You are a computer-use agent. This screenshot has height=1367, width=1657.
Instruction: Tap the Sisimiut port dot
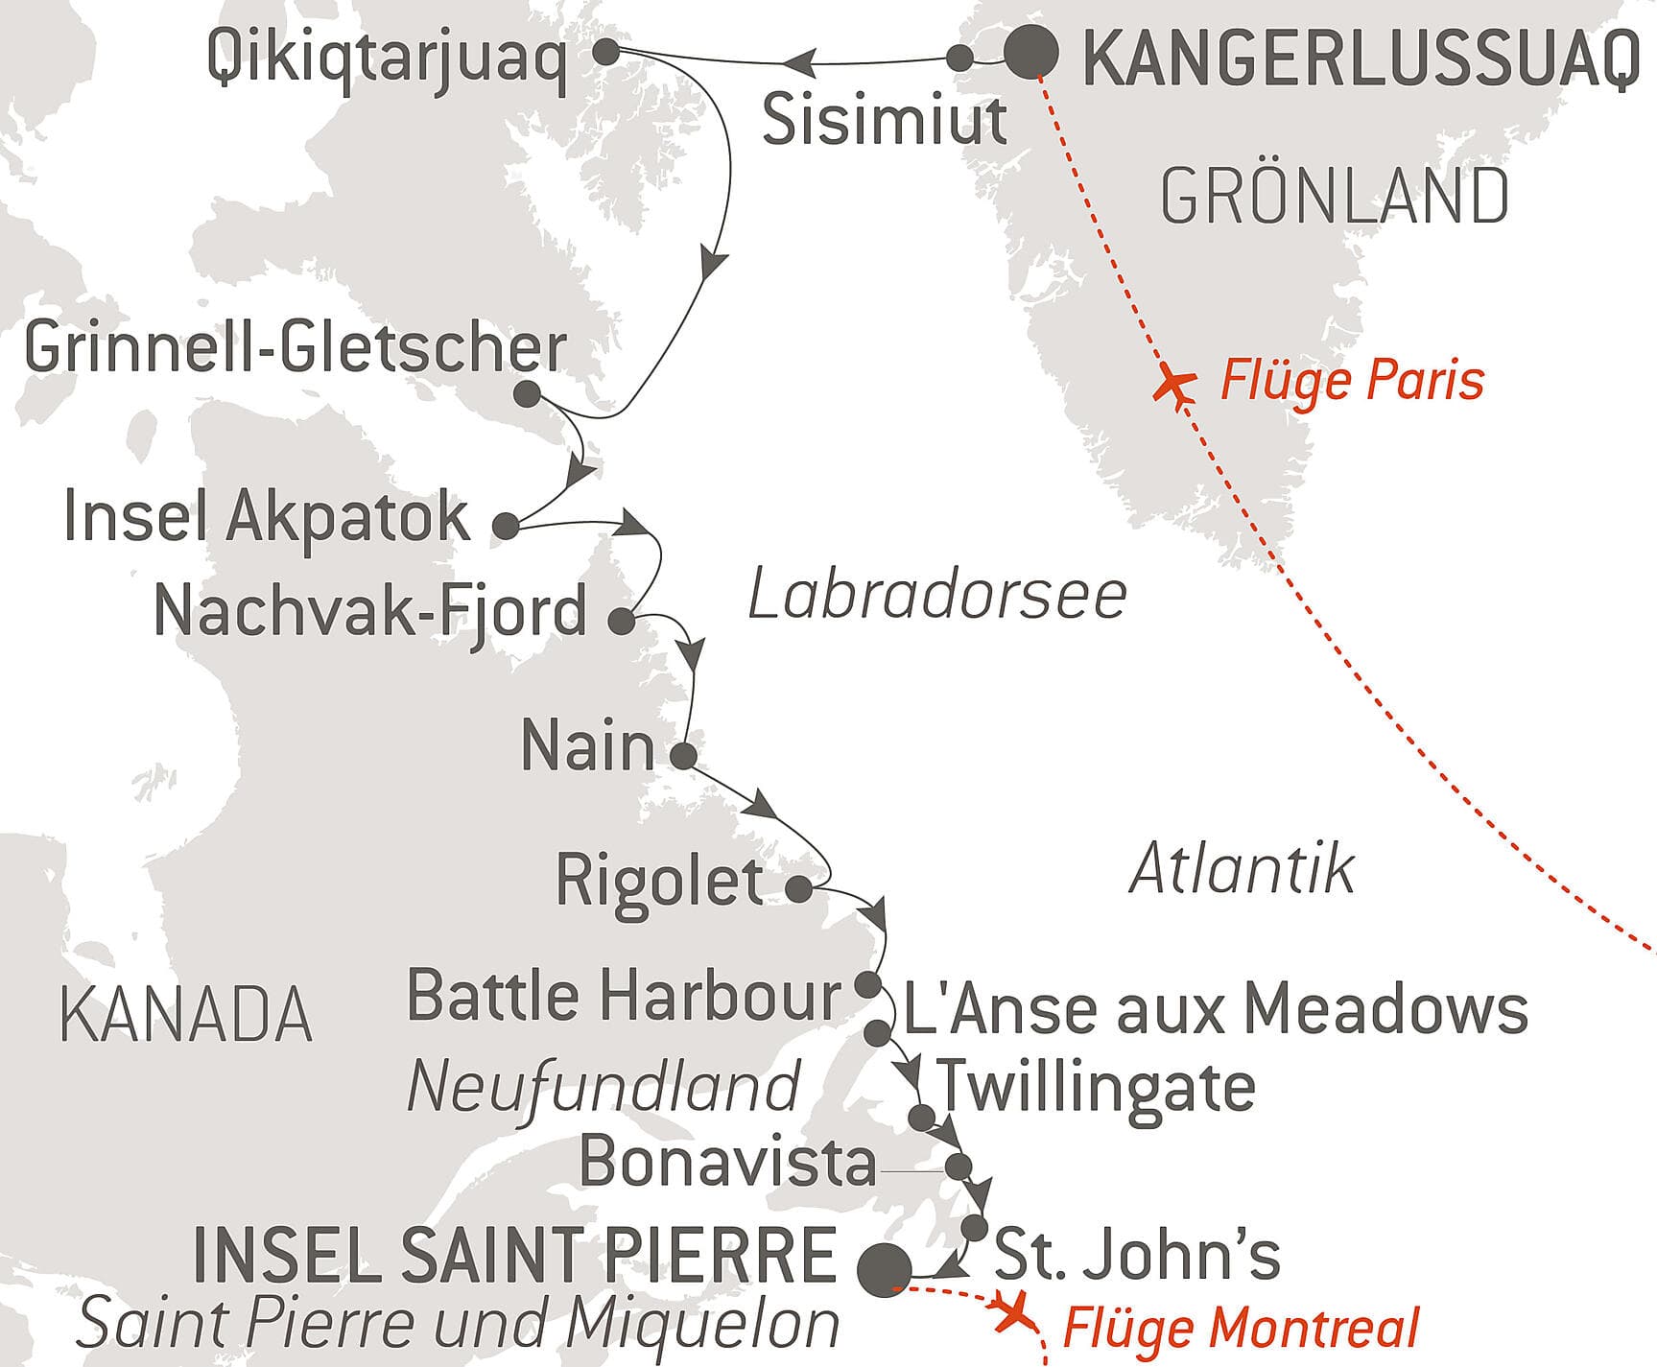click(x=959, y=58)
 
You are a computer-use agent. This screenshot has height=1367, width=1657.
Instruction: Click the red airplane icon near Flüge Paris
click(x=1173, y=386)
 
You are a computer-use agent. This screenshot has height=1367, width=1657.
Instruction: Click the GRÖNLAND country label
click(x=1335, y=197)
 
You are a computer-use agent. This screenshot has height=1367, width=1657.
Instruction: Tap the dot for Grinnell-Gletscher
click(x=527, y=394)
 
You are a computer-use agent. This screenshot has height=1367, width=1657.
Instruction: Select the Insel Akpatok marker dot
click(x=506, y=526)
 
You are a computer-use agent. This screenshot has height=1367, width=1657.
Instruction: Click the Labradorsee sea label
click(x=936, y=595)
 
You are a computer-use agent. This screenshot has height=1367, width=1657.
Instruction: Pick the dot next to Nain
click(x=683, y=756)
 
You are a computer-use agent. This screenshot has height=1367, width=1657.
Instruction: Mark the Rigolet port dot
click(x=798, y=889)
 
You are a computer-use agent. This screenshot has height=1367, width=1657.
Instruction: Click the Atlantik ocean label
click(x=1242, y=869)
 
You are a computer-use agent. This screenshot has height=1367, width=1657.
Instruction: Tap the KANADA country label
click(x=186, y=1015)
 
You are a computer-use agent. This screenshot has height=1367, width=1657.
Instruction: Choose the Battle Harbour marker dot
click(x=867, y=984)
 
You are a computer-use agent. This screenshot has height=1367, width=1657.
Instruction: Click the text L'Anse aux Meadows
click(x=1215, y=1009)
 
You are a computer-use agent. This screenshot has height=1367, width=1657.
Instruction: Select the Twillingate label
click(x=1096, y=1086)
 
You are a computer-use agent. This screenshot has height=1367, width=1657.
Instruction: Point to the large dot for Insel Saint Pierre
click(x=884, y=1268)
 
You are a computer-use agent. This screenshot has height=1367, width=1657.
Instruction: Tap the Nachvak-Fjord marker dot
click(x=622, y=622)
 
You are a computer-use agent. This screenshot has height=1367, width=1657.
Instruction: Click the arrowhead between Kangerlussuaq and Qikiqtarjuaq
click(x=798, y=64)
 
